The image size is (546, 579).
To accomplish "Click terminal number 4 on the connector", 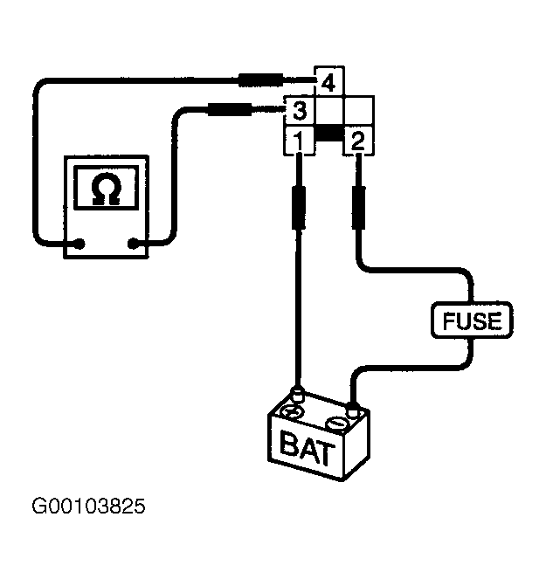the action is coord(328,82).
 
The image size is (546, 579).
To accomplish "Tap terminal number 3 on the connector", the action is coord(300,111).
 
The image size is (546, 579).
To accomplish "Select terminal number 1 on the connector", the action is coord(299,141).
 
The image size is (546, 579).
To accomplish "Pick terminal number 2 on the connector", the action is coord(359,141).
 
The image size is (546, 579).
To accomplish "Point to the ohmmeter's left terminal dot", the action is coord(79,244).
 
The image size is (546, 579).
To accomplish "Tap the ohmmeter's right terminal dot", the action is coord(133,244).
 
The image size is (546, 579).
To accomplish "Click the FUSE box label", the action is coord(472,321).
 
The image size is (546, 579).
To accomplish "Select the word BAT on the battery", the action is coord(308,448).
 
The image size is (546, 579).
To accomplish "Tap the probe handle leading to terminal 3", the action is coord(230,110).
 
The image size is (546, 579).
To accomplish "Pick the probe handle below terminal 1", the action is coord(299,208).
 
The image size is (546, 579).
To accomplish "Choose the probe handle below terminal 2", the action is coord(358,208).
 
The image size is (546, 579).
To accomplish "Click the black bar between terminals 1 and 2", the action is coord(329,134).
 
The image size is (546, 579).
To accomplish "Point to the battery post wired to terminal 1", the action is coord(297,394).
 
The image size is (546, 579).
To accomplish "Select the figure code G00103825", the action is coord(88,507).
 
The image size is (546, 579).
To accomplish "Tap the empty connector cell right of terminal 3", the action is coord(329,111).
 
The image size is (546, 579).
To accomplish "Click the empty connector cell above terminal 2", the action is coord(359,111).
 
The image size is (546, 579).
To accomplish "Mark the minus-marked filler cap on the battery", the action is coord(336,424).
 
